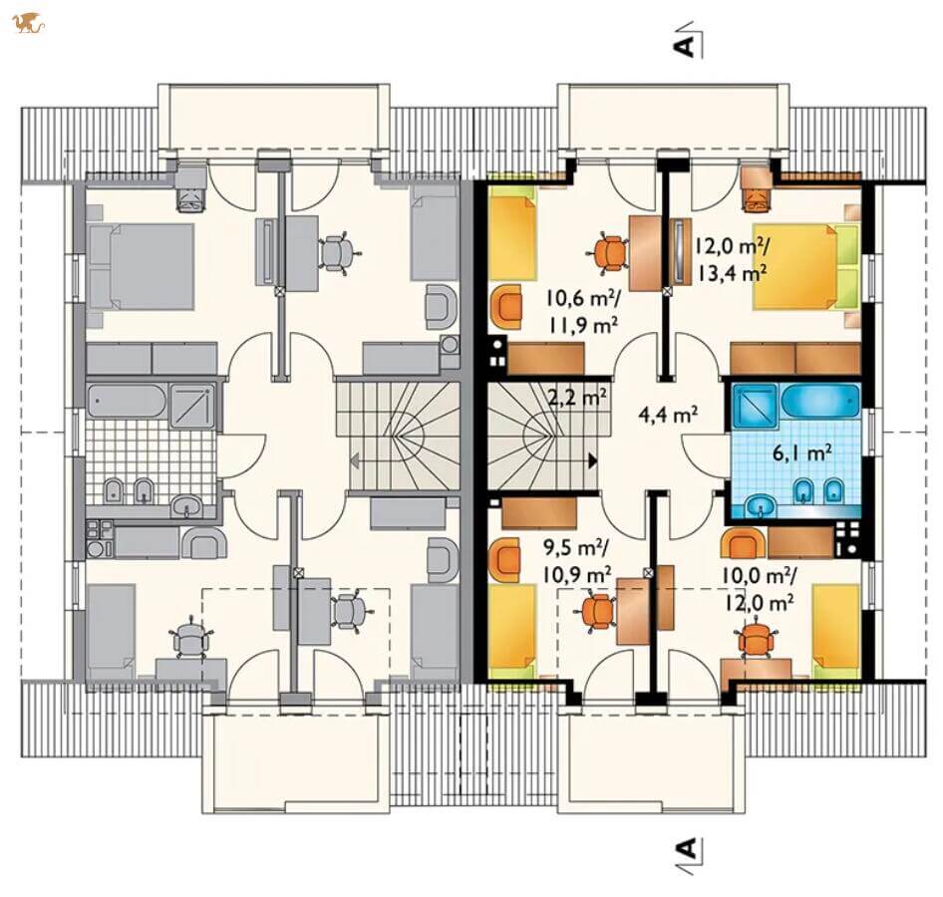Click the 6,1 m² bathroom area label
[802, 452]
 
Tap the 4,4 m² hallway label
[668, 414]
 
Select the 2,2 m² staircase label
[575, 397]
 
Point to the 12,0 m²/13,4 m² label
[732, 258]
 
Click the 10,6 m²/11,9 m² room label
[583, 310]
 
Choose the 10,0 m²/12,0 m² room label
[759, 589]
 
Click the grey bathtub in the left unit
[126, 401]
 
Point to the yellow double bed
[805, 266]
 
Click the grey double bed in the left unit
[141, 266]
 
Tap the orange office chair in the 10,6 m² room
[610, 251]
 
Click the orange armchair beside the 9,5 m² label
[505, 559]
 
